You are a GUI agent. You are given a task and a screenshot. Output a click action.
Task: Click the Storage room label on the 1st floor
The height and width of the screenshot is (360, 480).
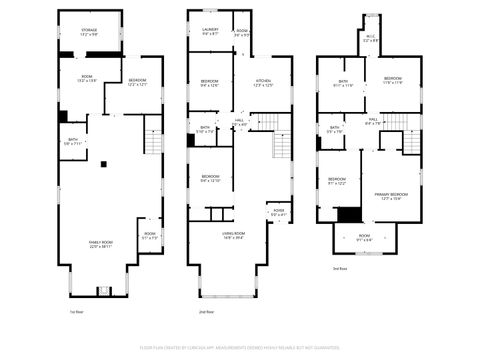[87, 32]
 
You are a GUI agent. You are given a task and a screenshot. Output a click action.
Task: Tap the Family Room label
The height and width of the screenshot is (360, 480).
[100, 244]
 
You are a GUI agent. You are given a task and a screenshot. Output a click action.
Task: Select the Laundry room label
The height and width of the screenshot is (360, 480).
[210, 32]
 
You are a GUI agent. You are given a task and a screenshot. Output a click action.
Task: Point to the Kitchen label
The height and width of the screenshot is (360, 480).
[263, 83]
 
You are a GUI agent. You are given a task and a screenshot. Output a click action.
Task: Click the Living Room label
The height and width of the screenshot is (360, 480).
[235, 236]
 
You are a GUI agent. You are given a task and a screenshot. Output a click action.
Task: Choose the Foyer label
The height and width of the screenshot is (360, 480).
[277, 213]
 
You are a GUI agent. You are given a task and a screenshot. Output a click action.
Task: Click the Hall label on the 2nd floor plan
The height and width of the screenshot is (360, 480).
[240, 122]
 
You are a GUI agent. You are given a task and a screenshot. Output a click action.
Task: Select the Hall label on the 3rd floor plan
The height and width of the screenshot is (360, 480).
[372, 122]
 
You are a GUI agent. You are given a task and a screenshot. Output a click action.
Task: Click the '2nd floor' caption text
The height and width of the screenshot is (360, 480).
[206, 313]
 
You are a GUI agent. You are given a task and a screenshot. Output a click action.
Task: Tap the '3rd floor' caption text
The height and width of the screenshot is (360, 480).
[340, 269]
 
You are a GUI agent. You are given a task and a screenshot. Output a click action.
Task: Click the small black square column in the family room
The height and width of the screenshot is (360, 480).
[102, 164]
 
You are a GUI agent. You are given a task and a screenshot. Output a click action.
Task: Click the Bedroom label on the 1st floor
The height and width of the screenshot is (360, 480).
[137, 83]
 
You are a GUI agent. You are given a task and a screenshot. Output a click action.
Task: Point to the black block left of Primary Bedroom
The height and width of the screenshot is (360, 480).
[347, 213]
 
